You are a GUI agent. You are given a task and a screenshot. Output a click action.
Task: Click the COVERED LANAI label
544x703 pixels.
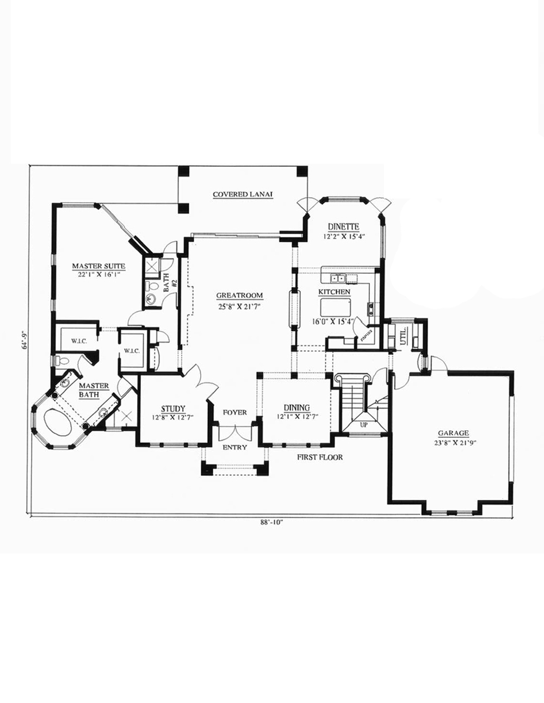pos(242,194)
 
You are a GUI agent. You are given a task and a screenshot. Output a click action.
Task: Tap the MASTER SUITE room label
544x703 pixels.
pos(99,266)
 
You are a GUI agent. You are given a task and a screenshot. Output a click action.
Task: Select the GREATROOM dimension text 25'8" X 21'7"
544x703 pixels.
pos(239,305)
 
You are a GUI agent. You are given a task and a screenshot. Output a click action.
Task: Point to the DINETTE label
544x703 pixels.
pos(342,227)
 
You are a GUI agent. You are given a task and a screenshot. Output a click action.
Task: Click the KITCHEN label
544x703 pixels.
pos(334,292)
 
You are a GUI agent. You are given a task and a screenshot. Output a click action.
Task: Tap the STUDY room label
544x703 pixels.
pos(174,409)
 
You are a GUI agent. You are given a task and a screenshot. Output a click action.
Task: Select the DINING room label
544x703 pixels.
pos(296,408)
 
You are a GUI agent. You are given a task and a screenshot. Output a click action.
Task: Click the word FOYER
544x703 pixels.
pos(234,412)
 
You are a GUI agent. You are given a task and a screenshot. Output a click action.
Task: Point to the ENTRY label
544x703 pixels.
pos(234,448)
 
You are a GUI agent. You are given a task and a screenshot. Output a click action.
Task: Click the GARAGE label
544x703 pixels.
pos(453,433)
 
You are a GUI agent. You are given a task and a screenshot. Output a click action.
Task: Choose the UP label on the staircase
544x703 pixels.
pos(364,424)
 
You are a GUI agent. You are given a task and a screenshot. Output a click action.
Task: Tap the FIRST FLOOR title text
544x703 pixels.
pos(319,457)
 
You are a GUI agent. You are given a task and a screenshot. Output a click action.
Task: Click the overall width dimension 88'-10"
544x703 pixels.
pos(272,523)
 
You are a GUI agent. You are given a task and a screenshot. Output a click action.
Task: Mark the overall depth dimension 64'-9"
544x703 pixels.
pos(22,341)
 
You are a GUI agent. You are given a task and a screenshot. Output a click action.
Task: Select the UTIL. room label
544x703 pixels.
pos(403,336)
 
